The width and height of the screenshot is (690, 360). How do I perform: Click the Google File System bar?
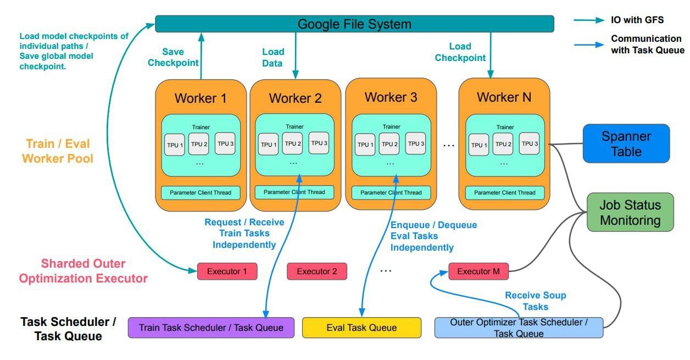pos(354,24)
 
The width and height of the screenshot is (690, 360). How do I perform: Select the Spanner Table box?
pos(626,143)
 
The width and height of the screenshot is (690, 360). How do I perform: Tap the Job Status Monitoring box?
pos(630,212)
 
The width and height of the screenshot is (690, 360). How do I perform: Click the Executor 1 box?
pos(227,272)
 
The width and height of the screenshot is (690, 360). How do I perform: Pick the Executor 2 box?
pos(316,272)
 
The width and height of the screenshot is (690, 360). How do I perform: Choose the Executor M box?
pos(478,272)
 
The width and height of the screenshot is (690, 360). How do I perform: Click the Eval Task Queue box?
pos(361,328)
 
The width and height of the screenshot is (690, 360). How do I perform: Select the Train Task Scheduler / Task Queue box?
pos(211,328)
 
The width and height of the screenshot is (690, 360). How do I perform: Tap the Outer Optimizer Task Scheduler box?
pos(519,328)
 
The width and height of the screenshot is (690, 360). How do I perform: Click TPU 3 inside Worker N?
pos(529,143)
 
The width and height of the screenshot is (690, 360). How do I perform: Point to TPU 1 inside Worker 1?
pos(175,145)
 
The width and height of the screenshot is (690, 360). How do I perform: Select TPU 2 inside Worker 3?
pos(389,144)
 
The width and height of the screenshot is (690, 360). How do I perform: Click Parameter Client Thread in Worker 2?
pos(294,192)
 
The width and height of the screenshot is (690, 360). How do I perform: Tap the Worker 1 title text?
pos(201,98)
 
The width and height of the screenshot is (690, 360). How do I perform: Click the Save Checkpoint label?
pos(173,57)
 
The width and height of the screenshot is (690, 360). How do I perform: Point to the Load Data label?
pos(272,57)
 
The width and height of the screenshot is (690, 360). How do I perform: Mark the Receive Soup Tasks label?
pos(535,301)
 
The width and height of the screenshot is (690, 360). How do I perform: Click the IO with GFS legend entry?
pos(637,20)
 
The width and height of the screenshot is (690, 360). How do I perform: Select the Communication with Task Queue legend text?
pos(647,45)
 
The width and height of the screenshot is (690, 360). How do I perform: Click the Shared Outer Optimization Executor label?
pos(83,271)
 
